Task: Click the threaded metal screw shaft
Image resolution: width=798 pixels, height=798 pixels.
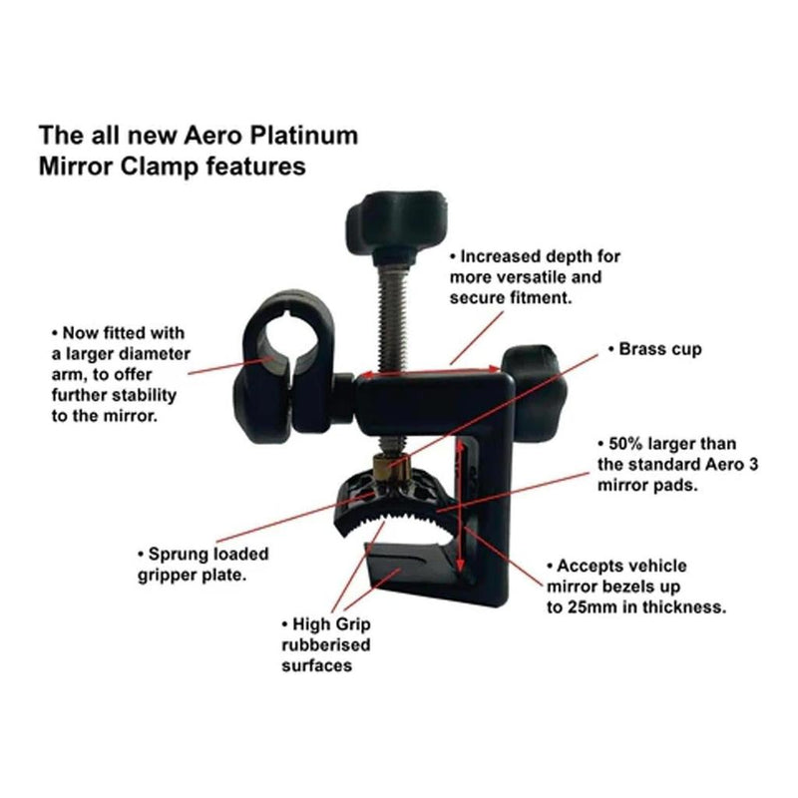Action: pos(392,315)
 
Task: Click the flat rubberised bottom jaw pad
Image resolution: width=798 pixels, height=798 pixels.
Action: pos(407,565)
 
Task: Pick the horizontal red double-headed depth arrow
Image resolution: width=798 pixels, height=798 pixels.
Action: pos(429,372)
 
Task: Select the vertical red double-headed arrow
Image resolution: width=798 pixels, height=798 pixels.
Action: pos(460,506)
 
